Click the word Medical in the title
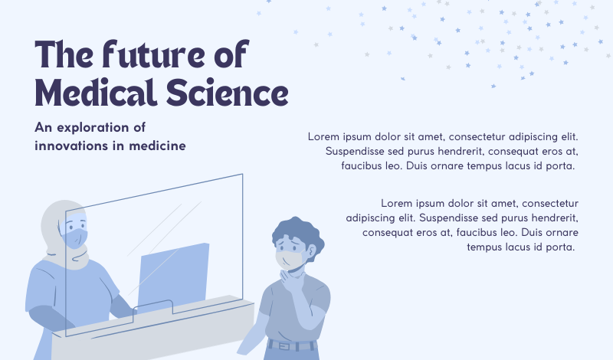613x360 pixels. point(95,92)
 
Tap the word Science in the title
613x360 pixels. point(228,92)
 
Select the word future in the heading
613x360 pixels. point(153,54)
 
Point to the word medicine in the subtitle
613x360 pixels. point(158,146)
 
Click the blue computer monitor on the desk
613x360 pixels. point(173,277)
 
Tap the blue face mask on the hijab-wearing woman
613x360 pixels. point(75,238)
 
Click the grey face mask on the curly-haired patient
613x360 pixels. point(290,258)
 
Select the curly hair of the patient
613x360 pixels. point(297,234)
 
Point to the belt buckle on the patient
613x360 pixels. point(284,346)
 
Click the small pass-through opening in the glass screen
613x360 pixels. point(152,307)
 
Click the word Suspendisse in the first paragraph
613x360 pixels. point(349,151)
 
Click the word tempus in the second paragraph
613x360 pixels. point(485,247)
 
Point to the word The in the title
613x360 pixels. point(64,54)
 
